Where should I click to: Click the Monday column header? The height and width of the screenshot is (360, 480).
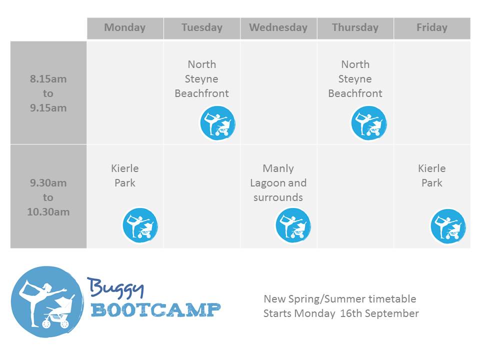[125, 27]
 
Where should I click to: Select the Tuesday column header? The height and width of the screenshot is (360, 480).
[201, 27]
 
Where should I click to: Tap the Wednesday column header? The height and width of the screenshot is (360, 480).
[278, 27]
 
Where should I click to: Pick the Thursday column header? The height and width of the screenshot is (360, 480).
[355, 27]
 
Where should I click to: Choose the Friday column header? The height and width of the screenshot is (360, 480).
[432, 27]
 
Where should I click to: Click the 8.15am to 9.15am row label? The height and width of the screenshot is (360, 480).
[48, 93]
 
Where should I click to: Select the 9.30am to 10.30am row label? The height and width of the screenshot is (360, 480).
[48, 197]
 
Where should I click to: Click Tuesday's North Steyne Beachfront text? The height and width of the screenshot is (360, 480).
[201, 79]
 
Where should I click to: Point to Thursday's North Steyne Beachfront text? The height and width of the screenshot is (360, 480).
[355, 79]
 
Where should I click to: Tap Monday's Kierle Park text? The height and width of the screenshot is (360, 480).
[125, 175]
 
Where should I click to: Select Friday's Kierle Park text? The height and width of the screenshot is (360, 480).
[432, 175]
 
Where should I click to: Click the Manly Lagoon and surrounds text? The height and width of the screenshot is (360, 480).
[278, 183]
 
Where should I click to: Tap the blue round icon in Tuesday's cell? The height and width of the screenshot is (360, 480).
[217, 123]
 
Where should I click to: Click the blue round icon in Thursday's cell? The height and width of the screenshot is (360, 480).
[369, 123]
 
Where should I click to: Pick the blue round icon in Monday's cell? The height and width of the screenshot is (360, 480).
[140, 225]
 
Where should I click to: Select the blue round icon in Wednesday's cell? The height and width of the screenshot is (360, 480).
[293, 225]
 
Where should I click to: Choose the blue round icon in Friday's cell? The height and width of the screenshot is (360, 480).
[448, 226]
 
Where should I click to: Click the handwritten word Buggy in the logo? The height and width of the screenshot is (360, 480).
[115, 288]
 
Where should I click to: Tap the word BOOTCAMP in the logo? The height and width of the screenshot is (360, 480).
[156, 310]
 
